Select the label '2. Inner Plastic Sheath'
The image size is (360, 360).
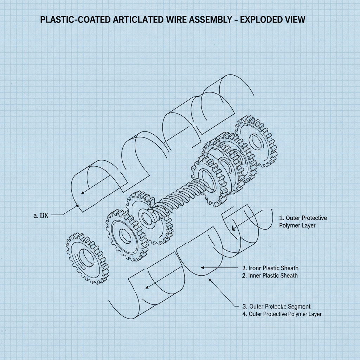[x=270, y=275]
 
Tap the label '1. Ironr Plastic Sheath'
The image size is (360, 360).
[x=270, y=268]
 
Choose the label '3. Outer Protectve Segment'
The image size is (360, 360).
[x=276, y=307]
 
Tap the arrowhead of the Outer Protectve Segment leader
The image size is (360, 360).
[x=210, y=279]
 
